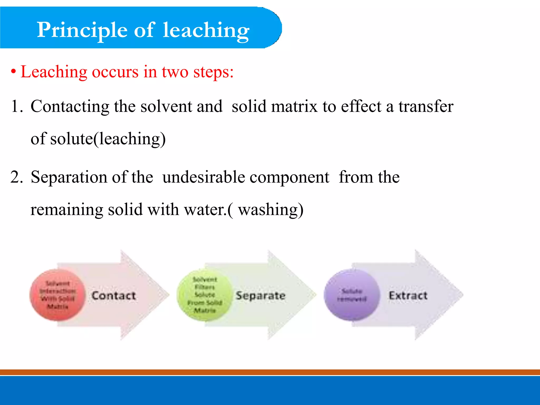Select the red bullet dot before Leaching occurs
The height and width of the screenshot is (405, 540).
click(13, 72)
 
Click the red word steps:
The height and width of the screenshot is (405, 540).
click(213, 72)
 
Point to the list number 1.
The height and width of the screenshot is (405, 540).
click(16, 107)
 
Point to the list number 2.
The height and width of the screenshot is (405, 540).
click(16, 177)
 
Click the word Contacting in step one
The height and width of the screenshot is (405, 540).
click(70, 107)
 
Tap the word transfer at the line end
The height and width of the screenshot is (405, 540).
click(426, 107)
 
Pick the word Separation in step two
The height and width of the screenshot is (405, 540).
click(69, 177)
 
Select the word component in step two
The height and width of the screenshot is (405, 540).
click(289, 177)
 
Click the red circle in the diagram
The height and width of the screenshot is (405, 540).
click(57, 295)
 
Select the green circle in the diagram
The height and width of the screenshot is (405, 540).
click(205, 295)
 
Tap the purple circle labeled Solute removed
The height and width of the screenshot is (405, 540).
click(352, 295)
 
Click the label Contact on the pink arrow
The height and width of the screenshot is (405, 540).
click(114, 296)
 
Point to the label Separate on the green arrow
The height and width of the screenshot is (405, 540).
click(261, 296)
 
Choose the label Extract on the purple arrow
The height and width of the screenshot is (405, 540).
click(408, 296)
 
